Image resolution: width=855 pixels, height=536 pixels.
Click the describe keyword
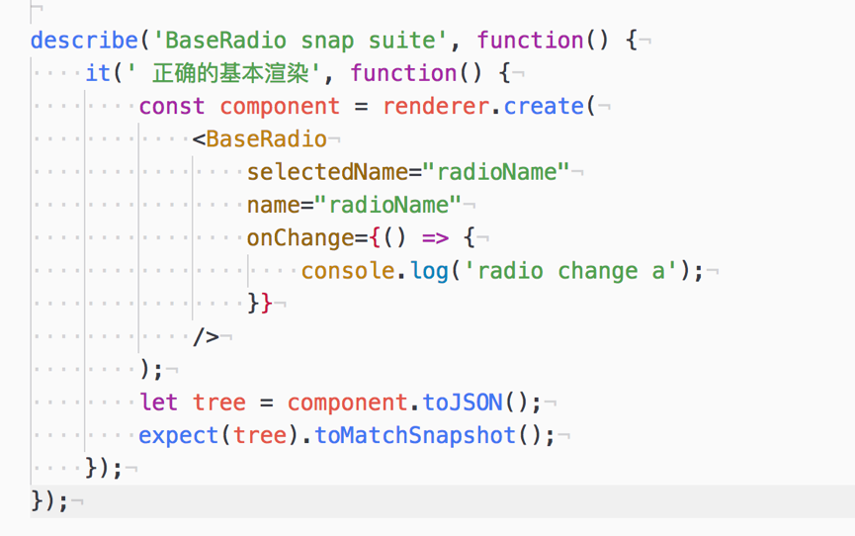84,41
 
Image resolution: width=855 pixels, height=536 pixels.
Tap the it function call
98,73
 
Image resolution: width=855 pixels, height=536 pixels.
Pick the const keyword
172,106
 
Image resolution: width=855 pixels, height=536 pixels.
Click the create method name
545,106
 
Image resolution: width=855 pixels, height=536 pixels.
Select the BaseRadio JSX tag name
266,139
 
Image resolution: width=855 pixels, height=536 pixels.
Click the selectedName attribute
327,172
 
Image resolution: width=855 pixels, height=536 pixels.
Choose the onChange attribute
300,238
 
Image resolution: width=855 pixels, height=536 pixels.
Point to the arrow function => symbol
435,238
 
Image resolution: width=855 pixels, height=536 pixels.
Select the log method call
430,271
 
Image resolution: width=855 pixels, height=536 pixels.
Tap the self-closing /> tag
206,337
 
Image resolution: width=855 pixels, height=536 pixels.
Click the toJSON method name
463,402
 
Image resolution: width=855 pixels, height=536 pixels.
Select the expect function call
179,435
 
